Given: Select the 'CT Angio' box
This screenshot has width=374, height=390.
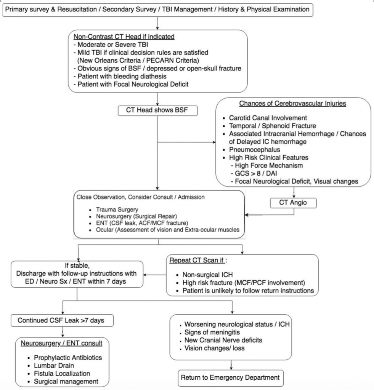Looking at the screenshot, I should [294, 203].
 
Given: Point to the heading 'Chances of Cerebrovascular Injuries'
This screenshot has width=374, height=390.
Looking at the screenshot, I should [293, 104].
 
